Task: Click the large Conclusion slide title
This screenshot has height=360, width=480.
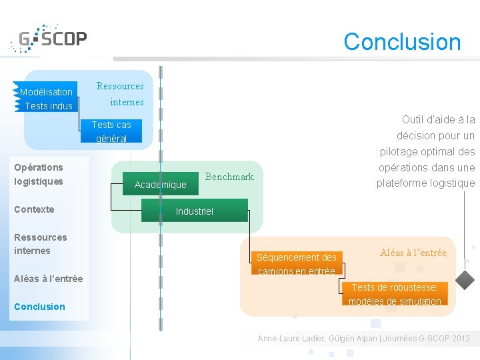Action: (402, 41)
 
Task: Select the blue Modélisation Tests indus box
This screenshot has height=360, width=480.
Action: (46, 99)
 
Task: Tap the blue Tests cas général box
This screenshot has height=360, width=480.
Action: (111, 131)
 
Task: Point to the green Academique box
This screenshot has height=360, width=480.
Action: (160, 185)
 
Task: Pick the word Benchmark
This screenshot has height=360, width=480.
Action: (229, 177)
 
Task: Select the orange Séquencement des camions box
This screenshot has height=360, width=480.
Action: (297, 264)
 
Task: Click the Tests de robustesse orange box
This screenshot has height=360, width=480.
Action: (395, 294)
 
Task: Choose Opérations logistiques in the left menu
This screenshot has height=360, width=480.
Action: (39, 174)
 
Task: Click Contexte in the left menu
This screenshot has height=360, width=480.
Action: (34, 209)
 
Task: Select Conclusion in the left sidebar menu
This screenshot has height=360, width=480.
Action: (39, 307)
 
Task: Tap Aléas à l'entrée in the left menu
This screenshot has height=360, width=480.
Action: (48, 279)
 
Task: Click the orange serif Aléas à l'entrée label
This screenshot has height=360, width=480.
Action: (414, 253)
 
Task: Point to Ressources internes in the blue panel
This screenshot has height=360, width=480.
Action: (120, 94)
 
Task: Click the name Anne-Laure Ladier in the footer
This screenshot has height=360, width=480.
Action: (290, 339)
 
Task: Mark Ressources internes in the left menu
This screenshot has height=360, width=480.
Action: (40, 244)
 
